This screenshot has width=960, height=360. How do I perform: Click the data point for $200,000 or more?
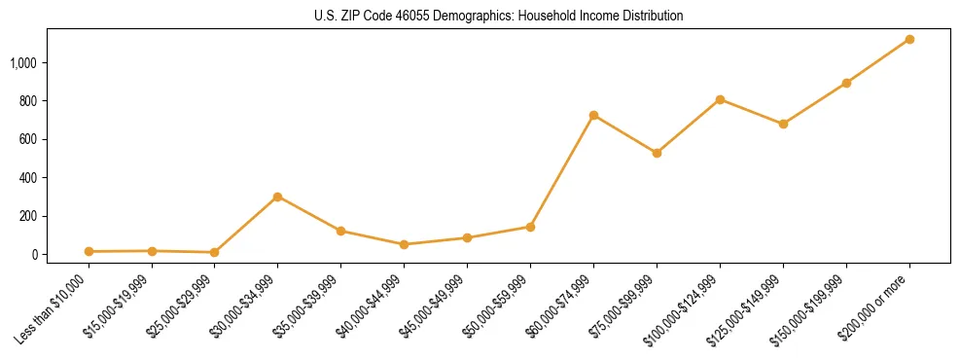coord(909,39)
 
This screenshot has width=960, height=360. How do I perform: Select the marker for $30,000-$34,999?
coord(277,197)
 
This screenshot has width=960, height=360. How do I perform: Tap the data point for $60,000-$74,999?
coord(593,115)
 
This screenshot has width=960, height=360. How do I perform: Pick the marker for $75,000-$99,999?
coord(657,153)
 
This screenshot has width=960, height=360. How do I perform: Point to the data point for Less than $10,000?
coord(89,251)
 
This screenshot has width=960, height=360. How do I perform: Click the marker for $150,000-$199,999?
coord(846,83)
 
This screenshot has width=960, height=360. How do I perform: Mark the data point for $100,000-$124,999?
coord(720,99)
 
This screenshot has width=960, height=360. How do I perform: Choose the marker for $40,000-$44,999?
coord(404,244)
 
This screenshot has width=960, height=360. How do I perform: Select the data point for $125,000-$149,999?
coord(783,124)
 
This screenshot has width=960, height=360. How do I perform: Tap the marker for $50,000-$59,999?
coord(530,227)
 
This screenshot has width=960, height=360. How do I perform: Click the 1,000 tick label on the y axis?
coord(23,63)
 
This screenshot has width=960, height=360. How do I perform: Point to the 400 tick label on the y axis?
coord(28,178)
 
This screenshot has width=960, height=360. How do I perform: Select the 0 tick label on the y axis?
coord(35,255)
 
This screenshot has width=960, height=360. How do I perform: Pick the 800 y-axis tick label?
coord(28,101)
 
